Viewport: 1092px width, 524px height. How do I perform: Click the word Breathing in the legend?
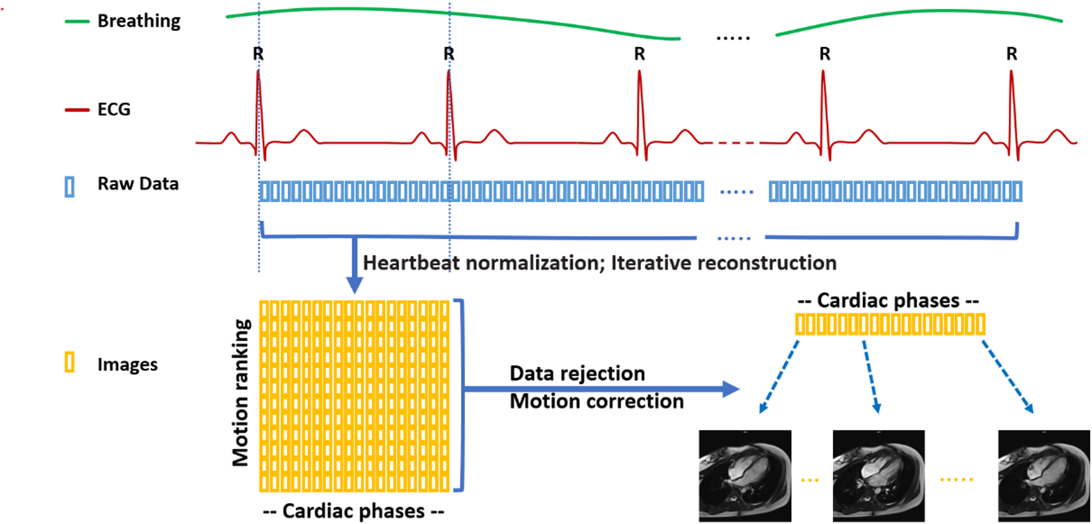[x=139, y=21]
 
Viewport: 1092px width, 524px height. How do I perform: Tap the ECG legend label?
[x=114, y=109]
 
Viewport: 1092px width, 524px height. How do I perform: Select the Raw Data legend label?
[x=138, y=184]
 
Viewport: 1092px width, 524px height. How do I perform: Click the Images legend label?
[x=127, y=365]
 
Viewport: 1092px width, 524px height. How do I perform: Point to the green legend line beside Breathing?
[x=77, y=22]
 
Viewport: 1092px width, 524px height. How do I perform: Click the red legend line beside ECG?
[x=77, y=110]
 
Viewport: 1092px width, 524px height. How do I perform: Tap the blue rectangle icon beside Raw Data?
[x=69, y=187]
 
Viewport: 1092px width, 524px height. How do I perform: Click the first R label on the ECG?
[x=258, y=54]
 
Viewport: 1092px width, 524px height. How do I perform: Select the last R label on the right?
[x=1012, y=54]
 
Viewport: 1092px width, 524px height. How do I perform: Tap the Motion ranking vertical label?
[x=241, y=393]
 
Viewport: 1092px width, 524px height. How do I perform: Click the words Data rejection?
[x=577, y=374]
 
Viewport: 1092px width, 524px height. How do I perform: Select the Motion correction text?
[x=596, y=401]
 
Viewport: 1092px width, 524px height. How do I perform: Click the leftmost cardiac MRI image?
[x=745, y=476]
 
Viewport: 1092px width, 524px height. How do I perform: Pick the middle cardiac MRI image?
[x=878, y=476]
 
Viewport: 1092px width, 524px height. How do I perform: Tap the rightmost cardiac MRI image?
[x=1044, y=476]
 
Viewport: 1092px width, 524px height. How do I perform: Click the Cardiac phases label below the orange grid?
[x=354, y=511]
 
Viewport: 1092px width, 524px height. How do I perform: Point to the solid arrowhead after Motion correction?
[x=731, y=389]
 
